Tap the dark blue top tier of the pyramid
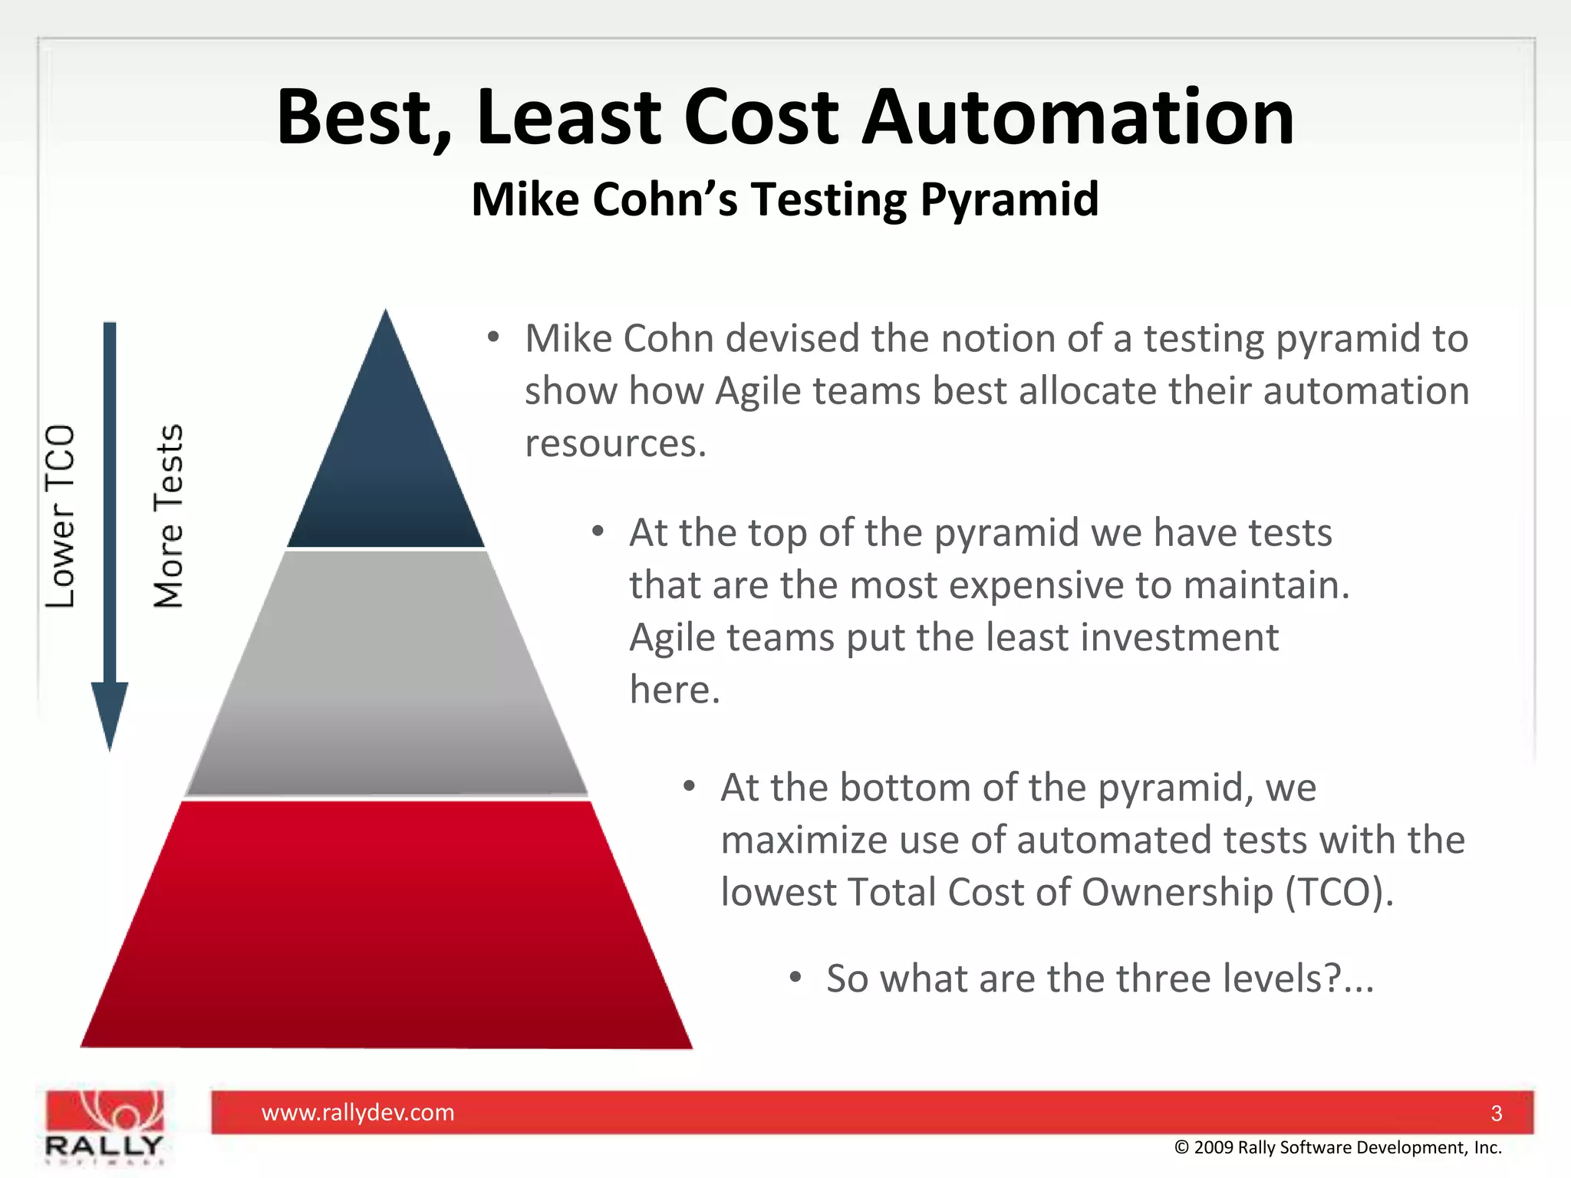pos(386,460)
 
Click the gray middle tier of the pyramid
pos(386,675)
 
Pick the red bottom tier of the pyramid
pos(386,928)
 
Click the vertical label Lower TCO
pos(60,516)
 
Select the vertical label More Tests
pos(169,516)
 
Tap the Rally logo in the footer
pos(104,1126)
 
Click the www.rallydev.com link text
pos(357,1112)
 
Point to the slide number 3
pos(1496,1113)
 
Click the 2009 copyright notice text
pos(1338,1147)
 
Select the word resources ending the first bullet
pos(614,443)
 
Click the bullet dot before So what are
pos(795,977)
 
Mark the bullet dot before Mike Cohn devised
pos(493,337)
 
